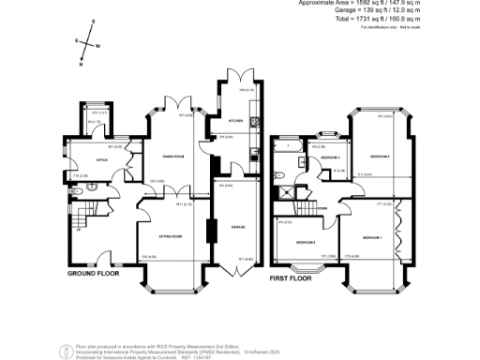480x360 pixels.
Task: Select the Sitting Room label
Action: tap(170, 237)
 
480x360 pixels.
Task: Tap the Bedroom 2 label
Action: tap(380, 156)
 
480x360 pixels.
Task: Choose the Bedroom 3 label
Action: tap(304, 243)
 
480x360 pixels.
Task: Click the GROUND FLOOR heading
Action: tap(95, 275)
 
